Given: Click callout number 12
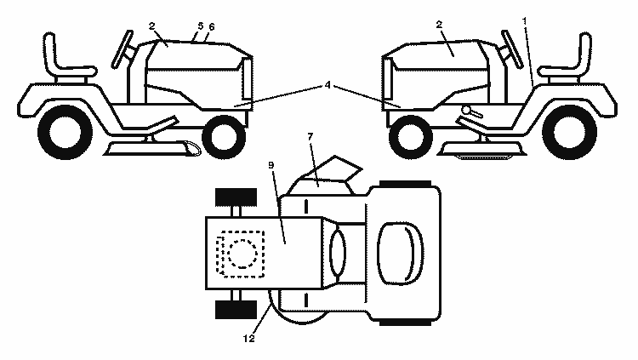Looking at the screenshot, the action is pyautogui.click(x=249, y=339).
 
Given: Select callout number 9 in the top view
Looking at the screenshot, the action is pyautogui.click(x=271, y=165).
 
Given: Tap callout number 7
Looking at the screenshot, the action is pyautogui.click(x=310, y=136).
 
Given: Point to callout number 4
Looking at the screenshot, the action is pyautogui.click(x=328, y=85).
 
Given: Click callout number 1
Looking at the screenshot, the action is pyautogui.click(x=525, y=20).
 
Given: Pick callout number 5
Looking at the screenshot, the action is pyautogui.click(x=200, y=26).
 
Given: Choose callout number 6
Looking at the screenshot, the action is pyautogui.click(x=212, y=27).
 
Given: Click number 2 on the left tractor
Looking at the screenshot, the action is pyautogui.click(x=151, y=26).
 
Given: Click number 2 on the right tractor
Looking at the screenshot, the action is pyautogui.click(x=439, y=25).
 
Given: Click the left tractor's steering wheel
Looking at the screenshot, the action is pyautogui.click(x=122, y=49).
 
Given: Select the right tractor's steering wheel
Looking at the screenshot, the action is pyautogui.click(x=513, y=49).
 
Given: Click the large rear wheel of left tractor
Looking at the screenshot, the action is pyautogui.click(x=65, y=132).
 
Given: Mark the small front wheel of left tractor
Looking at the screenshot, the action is pyautogui.click(x=224, y=137).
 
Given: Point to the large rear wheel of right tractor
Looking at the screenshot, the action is pyautogui.click(x=570, y=132).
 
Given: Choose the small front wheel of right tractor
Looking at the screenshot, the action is pyautogui.click(x=411, y=137).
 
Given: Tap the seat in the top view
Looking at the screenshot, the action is pyautogui.click(x=400, y=254).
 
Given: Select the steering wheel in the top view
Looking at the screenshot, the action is pyautogui.click(x=338, y=253).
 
